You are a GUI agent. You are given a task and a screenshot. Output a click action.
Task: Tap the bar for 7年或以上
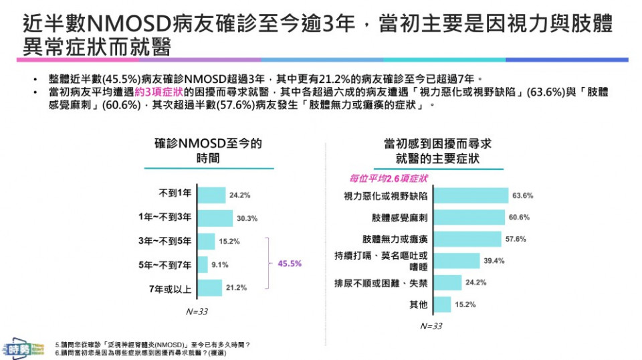click(209, 288)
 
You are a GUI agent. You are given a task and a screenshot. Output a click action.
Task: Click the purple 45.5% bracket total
click(290, 264)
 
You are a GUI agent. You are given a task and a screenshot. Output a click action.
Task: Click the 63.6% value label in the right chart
click(522, 195)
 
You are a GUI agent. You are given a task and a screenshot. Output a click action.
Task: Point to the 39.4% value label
click(493, 261)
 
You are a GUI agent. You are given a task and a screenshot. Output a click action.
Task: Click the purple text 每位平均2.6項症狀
click(389, 178)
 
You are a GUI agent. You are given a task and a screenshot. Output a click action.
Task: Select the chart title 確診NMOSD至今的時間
click(208, 151)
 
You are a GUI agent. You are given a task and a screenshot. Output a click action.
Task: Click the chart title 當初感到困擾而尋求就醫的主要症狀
click(438, 151)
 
